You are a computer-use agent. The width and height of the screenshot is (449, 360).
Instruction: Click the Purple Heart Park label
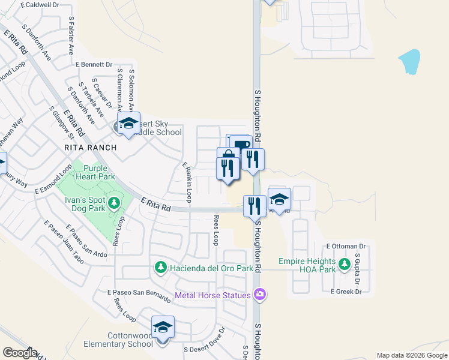point(99,173)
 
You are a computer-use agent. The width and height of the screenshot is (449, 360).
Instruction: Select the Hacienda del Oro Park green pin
point(160,266)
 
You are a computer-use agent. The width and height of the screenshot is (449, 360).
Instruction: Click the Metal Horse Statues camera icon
point(259,294)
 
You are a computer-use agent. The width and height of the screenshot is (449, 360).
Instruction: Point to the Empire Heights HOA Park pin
point(344,264)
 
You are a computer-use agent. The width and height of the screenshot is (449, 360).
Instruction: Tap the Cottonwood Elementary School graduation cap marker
point(163,328)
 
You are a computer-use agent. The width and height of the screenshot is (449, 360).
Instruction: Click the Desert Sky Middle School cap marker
point(128,124)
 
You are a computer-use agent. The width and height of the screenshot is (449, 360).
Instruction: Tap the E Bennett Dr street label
point(94,64)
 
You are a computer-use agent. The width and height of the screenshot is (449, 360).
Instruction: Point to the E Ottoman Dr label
point(346,246)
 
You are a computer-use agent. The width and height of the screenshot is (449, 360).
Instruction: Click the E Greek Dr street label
point(348,292)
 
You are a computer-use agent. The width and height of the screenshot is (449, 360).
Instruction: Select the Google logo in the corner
point(20,353)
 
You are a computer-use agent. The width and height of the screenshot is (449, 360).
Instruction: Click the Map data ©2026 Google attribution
point(411,355)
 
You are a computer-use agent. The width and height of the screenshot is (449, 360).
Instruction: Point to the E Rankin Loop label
point(187,181)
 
